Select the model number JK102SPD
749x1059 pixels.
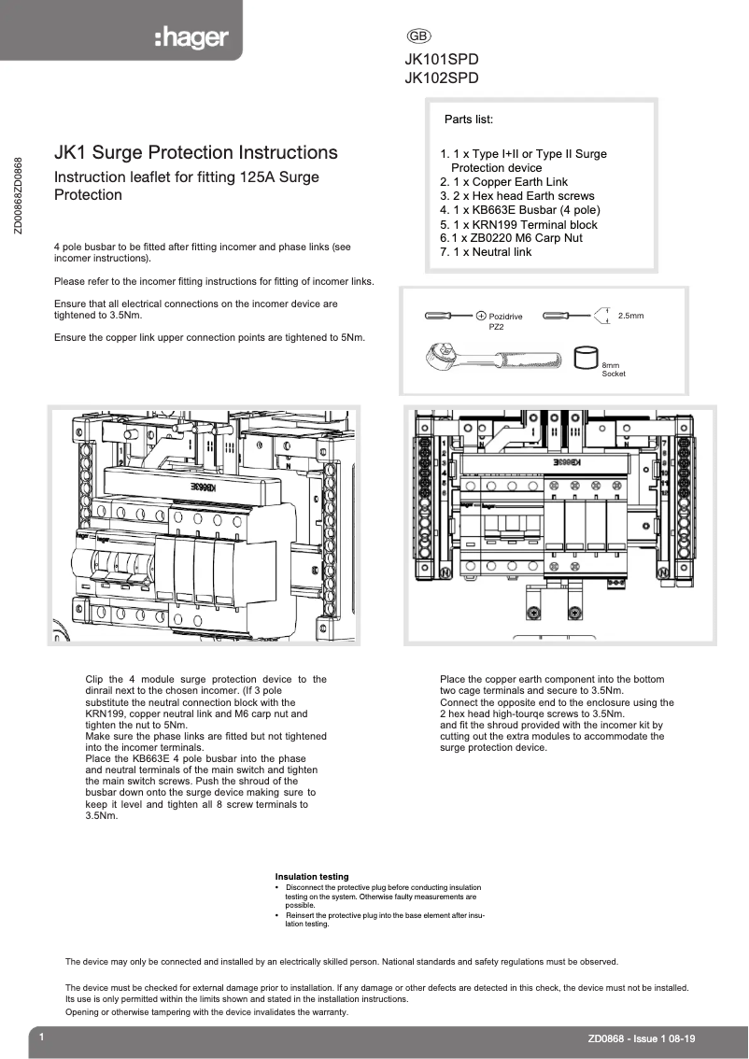point(442,78)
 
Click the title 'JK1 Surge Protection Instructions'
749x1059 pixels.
point(196,152)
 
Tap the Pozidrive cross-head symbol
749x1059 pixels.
point(482,317)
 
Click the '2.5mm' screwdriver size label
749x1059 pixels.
point(630,316)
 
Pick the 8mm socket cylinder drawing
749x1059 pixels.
point(586,358)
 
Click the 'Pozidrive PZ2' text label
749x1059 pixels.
point(504,322)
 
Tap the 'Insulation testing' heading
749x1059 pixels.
point(312,877)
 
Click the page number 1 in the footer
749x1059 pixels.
point(41,1038)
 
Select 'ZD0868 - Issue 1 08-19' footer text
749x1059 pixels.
point(641,1038)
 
